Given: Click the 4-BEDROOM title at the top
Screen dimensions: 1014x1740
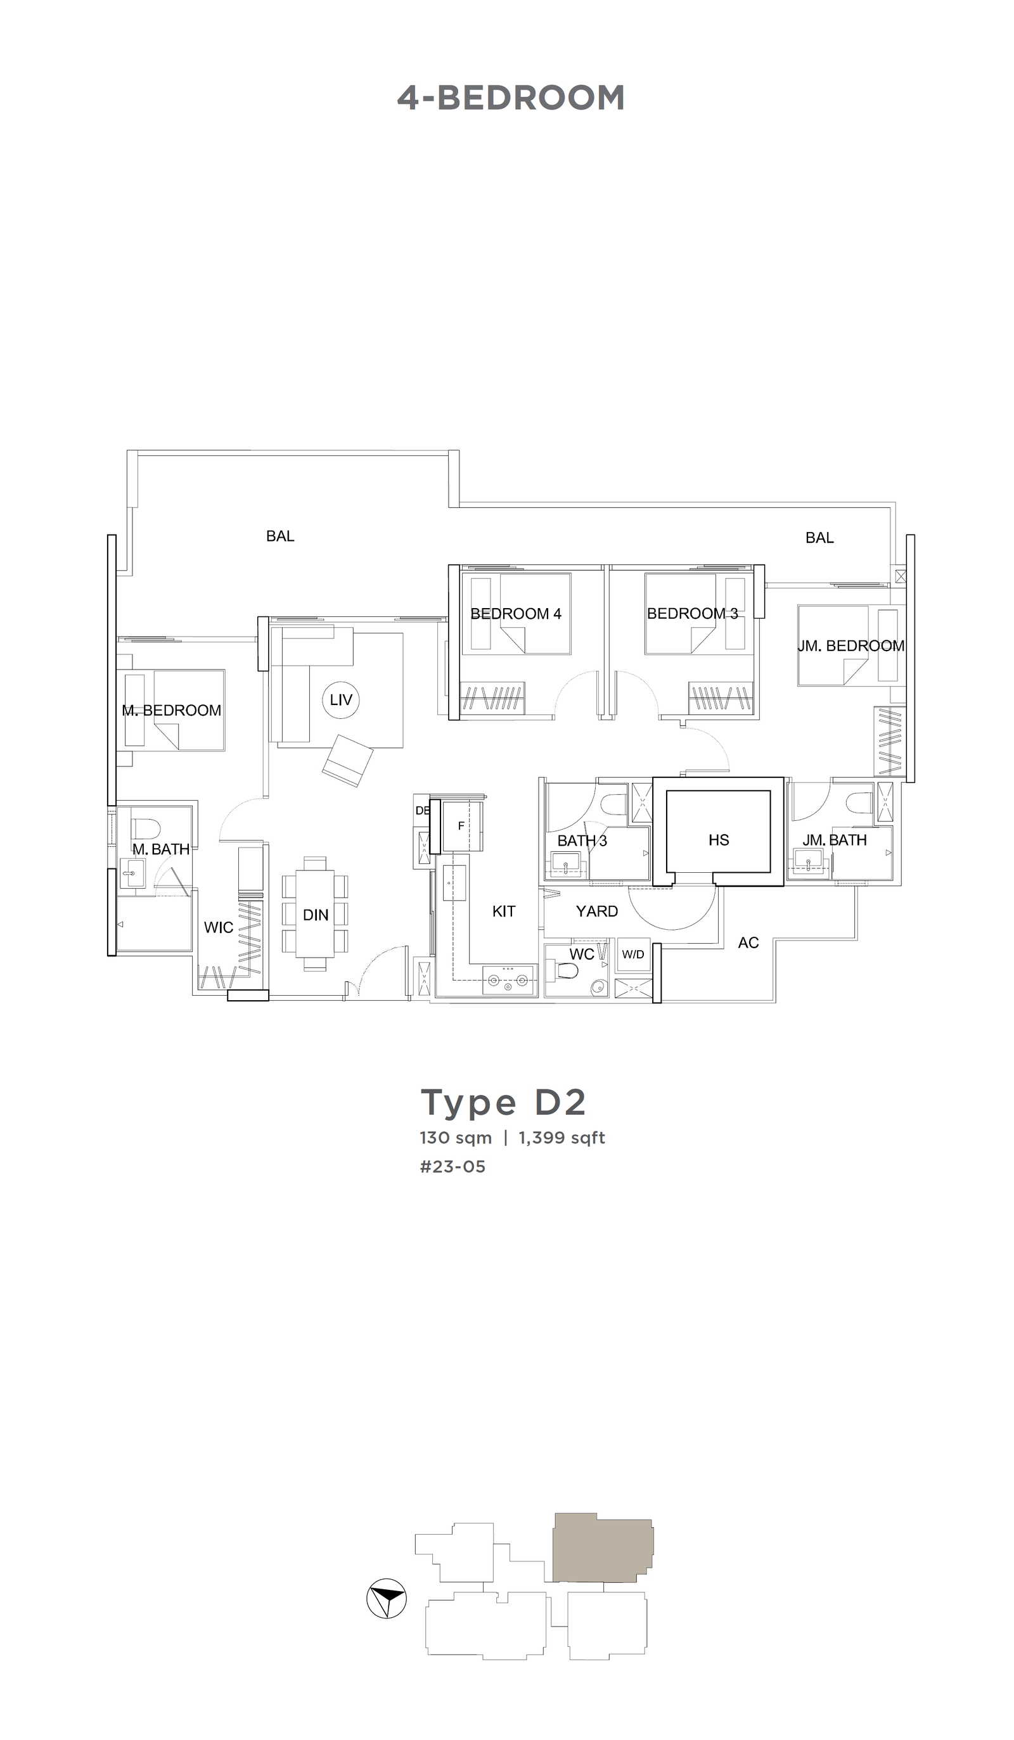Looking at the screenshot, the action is (510, 98).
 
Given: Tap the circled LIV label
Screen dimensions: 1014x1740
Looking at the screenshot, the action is (341, 699).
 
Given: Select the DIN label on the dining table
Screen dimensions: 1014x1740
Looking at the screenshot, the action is (316, 915).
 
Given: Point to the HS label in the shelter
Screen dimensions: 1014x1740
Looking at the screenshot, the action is (719, 840).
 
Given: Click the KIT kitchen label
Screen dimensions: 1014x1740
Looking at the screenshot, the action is (504, 911).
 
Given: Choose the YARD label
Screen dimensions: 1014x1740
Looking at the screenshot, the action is (597, 911).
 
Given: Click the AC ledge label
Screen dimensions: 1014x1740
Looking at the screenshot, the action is (748, 943).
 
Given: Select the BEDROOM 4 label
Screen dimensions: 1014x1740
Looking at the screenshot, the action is (515, 613).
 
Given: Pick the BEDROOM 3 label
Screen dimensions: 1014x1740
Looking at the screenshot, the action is (692, 613).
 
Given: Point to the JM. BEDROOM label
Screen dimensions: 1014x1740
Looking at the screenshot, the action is (851, 645).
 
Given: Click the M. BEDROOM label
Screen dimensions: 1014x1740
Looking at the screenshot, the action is (171, 710).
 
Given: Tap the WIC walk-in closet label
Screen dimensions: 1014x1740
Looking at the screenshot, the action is (218, 927).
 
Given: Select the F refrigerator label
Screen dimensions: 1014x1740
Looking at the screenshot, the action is (461, 826).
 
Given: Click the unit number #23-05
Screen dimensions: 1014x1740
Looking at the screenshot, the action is (452, 1166).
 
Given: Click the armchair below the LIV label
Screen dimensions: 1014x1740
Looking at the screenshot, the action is (347, 760).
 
